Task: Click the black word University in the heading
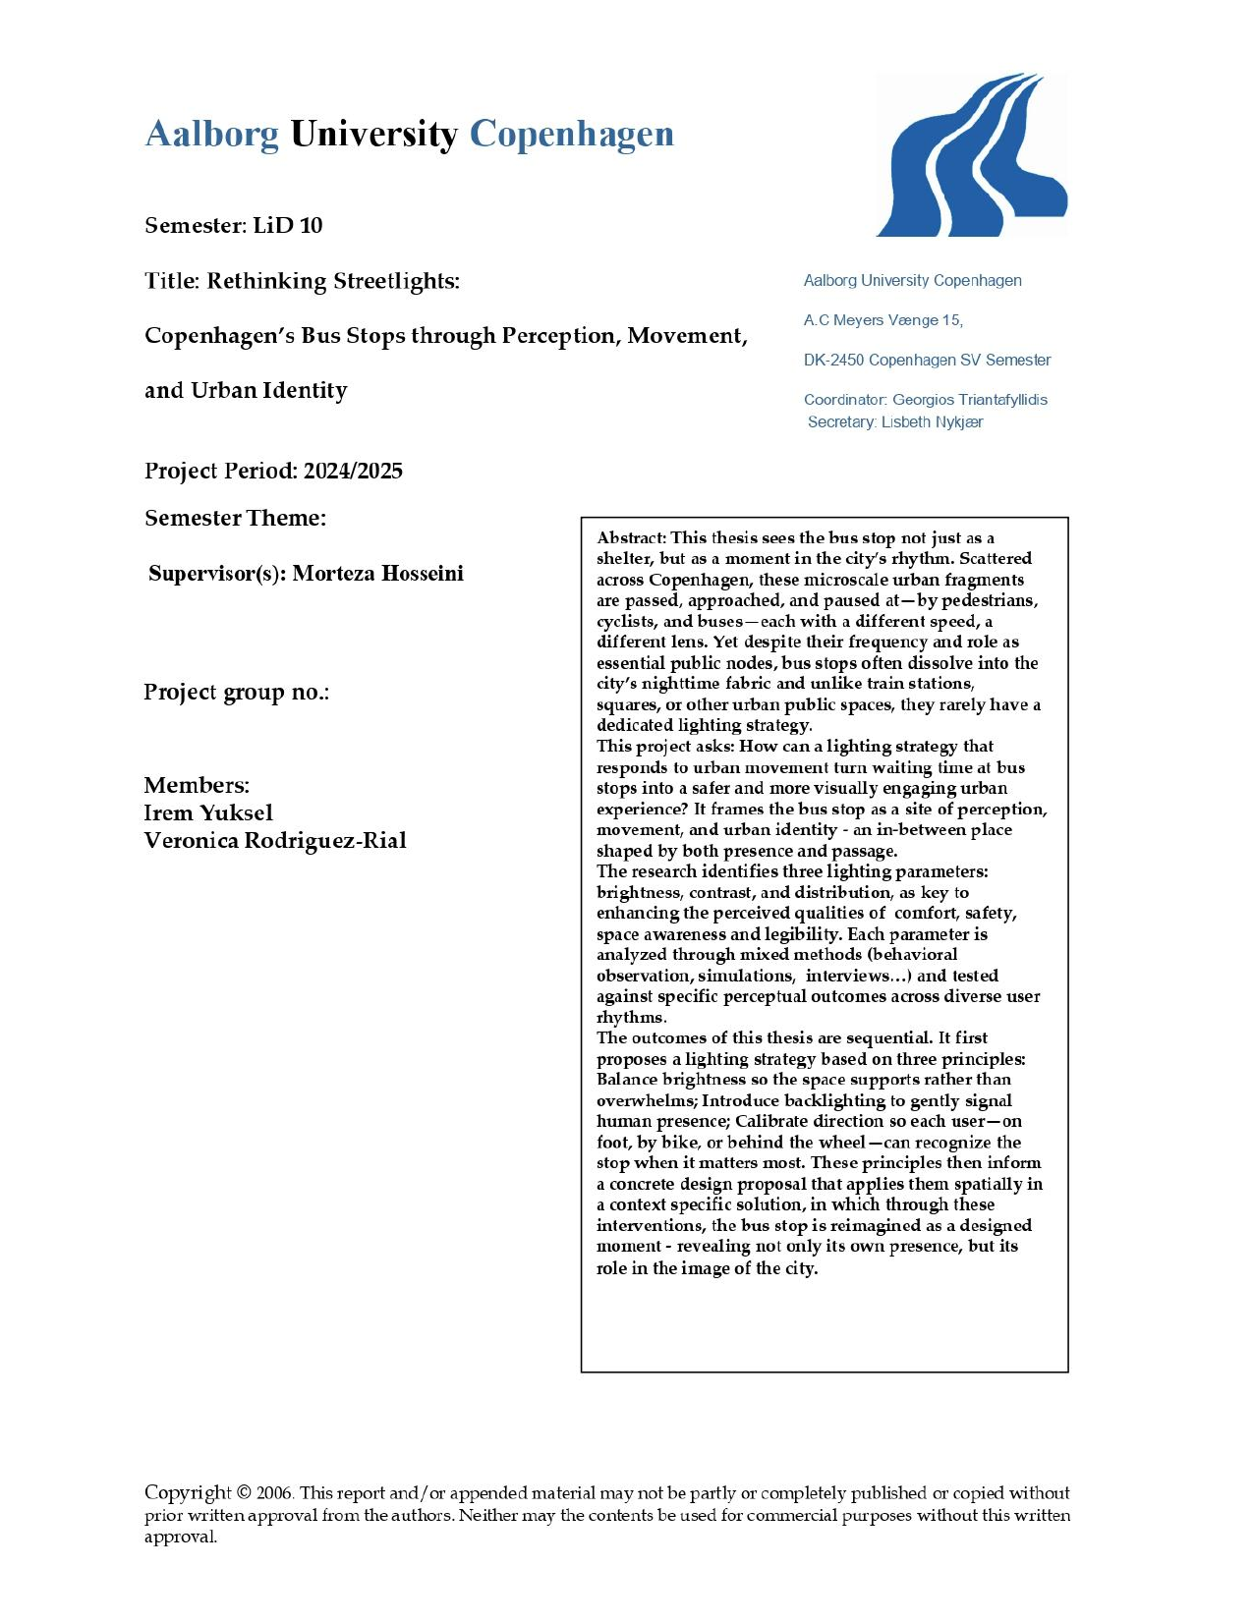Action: [x=373, y=135]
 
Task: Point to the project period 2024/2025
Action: [x=353, y=471]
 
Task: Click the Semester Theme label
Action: [x=235, y=518]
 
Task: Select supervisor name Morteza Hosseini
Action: [x=377, y=574]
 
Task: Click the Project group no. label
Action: [x=236, y=692]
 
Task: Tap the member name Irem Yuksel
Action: [x=208, y=812]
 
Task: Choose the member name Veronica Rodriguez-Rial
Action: [x=275, y=840]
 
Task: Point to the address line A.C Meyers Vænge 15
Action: [x=883, y=320]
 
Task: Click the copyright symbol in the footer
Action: [x=244, y=1493]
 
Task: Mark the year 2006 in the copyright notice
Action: [x=274, y=1493]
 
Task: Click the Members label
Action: [x=197, y=785]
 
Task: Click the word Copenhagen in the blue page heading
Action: [x=571, y=135]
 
